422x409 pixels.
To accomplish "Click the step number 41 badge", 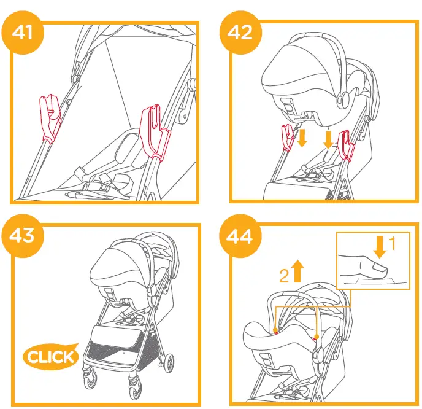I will pos(25,31).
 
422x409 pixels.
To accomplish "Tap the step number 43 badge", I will pos(25,235).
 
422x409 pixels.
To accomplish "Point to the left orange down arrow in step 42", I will pos(301,138).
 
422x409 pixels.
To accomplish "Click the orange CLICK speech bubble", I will pos(51,357).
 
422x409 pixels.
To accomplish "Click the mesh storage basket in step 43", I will pos(117,353).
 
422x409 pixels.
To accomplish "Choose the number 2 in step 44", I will pos(284,276).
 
